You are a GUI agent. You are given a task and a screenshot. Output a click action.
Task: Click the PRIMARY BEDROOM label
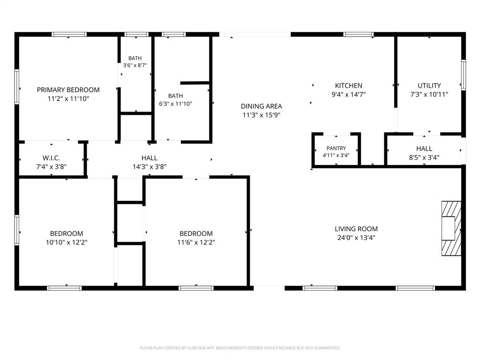click(68, 90)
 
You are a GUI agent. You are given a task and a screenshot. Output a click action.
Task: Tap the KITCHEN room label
click(349, 85)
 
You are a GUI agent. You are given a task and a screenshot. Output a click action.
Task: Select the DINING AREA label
click(262, 106)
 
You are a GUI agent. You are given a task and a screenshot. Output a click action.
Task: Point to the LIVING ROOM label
click(356, 229)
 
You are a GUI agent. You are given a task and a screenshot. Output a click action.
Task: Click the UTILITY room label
click(429, 85)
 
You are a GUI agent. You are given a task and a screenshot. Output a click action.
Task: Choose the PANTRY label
click(336, 148)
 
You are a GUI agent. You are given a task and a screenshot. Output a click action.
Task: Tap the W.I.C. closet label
click(52, 158)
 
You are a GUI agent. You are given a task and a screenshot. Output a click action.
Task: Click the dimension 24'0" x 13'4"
click(356, 238)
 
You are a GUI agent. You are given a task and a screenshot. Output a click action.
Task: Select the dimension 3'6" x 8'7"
click(135, 65)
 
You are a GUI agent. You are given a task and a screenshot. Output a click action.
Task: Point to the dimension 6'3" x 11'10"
click(175, 104)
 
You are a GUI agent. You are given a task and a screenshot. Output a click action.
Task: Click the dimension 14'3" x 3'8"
click(150, 167)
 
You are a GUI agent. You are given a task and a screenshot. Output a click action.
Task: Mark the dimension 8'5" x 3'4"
click(424, 157)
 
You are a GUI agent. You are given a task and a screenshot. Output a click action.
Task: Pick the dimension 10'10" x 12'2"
click(67, 242)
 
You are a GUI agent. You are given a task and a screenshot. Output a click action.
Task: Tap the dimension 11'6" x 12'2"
click(196, 242)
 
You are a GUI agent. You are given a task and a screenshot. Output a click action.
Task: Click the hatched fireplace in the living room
click(451, 228)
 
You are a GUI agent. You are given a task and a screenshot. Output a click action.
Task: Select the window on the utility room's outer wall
click(464, 75)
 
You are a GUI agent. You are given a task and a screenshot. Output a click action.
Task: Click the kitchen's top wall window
click(359, 34)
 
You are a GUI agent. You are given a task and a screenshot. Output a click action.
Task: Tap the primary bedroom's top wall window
click(69, 34)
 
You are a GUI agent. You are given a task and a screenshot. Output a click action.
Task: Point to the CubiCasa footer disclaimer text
click(240, 348)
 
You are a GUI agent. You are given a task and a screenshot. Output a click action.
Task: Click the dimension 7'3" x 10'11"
click(429, 95)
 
